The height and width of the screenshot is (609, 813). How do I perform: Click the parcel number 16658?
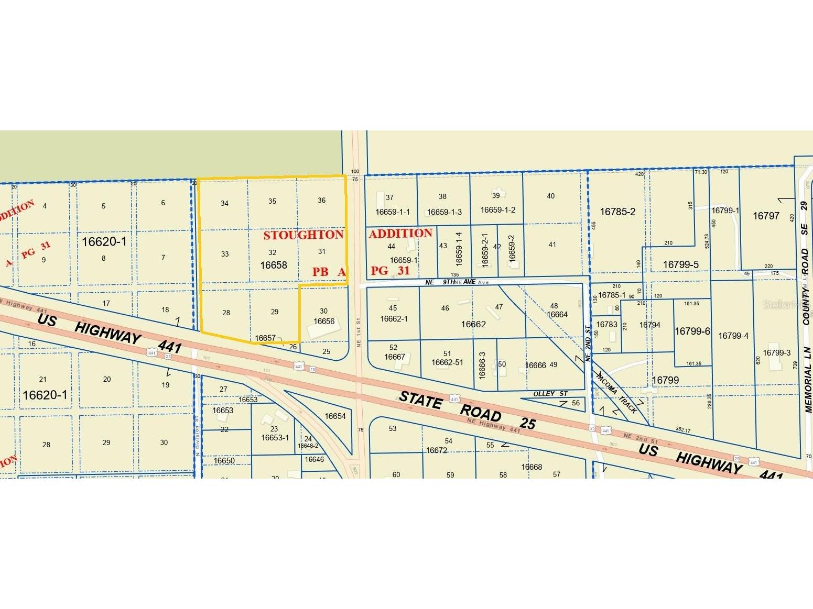(274, 265)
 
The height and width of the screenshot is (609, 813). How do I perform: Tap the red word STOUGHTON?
(303, 235)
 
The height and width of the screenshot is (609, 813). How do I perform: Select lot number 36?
(322, 201)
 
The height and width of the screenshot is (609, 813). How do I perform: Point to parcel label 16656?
(324, 322)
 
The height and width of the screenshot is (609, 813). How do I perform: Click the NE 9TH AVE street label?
(450, 282)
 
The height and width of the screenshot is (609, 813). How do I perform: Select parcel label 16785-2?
(617, 212)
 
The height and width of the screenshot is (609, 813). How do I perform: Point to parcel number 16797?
(766, 216)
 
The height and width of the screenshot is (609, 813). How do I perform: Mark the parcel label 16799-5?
(680, 265)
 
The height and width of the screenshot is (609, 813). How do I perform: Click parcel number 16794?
(649, 325)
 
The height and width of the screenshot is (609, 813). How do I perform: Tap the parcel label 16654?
(335, 416)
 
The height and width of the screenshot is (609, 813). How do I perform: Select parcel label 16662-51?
(447, 362)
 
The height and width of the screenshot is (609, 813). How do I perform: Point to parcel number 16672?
(436, 450)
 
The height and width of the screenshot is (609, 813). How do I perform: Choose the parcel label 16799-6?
(692, 331)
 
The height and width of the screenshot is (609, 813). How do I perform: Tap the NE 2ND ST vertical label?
(588, 344)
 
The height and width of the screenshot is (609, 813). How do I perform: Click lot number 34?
(224, 204)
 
